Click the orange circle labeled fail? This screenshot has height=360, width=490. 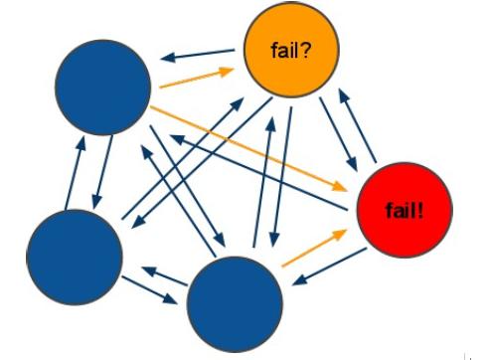[291, 50]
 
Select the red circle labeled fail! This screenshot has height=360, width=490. [405, 210]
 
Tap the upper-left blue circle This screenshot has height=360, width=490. [103, 88]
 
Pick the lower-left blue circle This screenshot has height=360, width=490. [75, 258]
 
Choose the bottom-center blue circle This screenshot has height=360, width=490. [235, 304]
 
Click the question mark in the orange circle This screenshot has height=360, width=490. [306, 51]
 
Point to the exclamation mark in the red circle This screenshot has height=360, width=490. [420, 211]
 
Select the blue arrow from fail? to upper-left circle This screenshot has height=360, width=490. [198, 56]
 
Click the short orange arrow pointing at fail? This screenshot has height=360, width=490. [197, 78]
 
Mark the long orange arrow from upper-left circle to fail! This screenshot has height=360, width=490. [248, 148]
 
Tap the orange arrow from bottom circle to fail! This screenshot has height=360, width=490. [314, 248]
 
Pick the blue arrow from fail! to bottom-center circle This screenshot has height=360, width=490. [330, 267]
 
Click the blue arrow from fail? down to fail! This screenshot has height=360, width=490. [338, 134]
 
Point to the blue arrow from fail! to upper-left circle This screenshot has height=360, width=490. [259, 172]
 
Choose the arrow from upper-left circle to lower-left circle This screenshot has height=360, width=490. [102, 172]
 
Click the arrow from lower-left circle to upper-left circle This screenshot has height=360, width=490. [76, 173]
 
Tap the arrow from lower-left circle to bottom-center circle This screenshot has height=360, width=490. [149, 290]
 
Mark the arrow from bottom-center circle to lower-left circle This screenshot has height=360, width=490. [165, 276]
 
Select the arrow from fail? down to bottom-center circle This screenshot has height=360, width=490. [282, 177]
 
